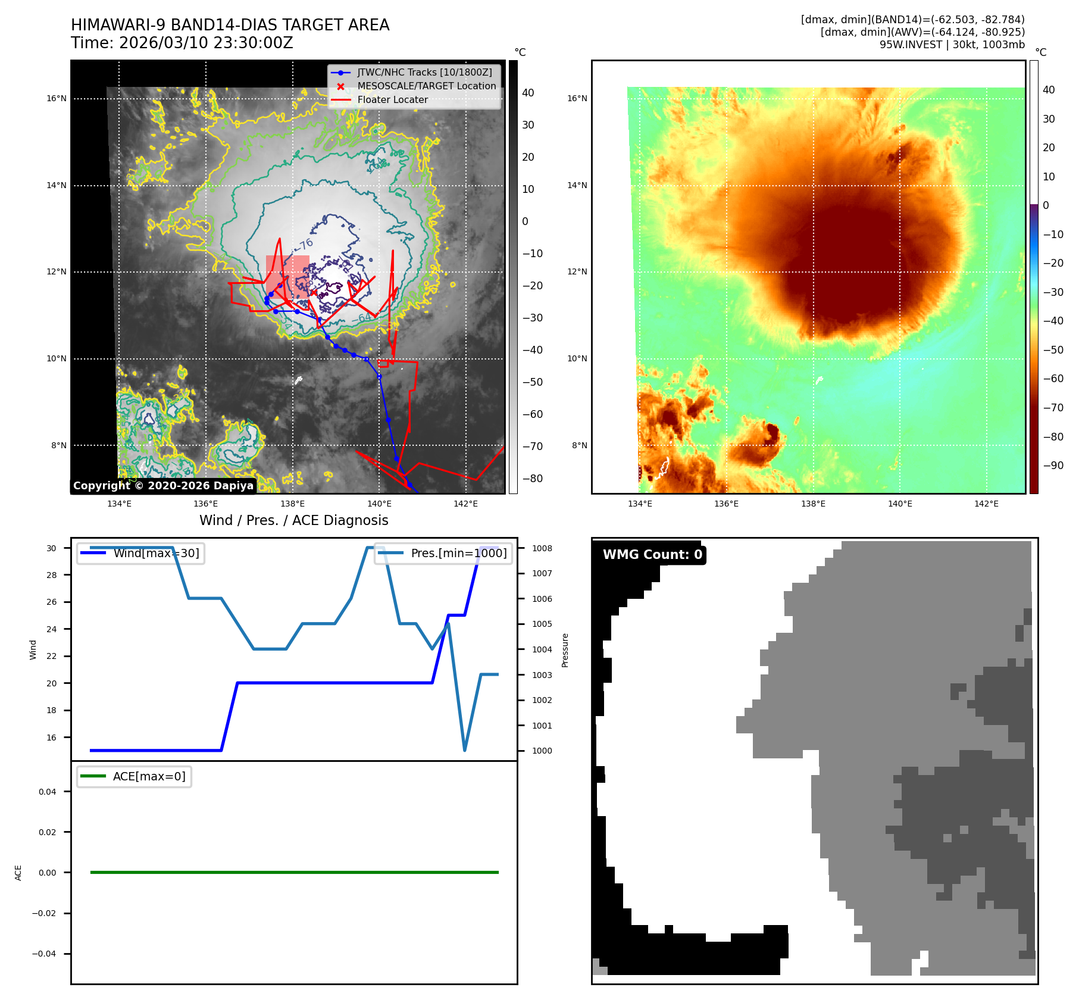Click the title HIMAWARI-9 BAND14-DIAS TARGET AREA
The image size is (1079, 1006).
point(230,25)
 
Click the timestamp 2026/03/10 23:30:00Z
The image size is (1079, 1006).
point(206,43)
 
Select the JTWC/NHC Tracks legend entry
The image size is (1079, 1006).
point(424,72)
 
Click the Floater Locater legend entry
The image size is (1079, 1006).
point(392,100)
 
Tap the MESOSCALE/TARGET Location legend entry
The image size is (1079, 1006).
point(426,86)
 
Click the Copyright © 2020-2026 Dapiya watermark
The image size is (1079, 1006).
point(163,486)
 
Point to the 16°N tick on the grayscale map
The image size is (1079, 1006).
point(57,99)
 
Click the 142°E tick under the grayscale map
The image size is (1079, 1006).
point(465,504)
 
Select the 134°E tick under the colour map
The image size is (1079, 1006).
point(640,504)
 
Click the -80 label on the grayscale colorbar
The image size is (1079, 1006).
point(532,479)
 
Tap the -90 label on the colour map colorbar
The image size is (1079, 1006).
point(1053,465)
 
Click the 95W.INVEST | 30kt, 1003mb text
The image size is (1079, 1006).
point(952,45)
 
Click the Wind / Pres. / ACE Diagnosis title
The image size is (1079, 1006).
point(293,520)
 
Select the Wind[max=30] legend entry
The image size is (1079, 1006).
point(156,553)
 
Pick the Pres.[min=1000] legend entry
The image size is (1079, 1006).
point(458,553)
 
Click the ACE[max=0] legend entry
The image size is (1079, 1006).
point(149,776)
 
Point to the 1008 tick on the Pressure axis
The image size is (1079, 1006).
point(542,548)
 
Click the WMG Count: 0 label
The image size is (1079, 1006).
point(652,555)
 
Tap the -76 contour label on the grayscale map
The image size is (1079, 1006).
point(305,244)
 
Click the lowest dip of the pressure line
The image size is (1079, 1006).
point(464,750)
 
